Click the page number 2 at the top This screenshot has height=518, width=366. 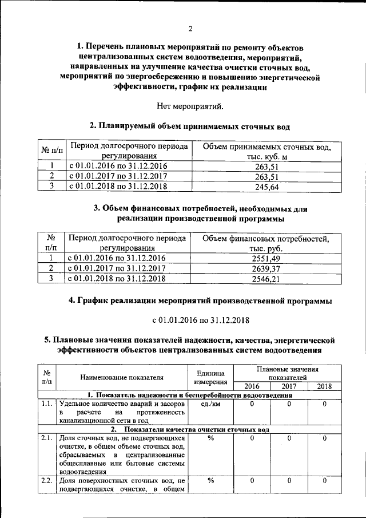point(190,29)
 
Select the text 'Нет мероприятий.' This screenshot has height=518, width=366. point(190,106)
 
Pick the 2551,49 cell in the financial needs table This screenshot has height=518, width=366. point(266,258)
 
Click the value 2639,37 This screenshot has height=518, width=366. point(266,268)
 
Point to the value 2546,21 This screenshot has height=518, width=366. point(266,279)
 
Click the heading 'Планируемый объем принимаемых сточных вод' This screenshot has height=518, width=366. point(190,125)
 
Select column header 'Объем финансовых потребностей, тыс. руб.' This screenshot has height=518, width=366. point(266,243)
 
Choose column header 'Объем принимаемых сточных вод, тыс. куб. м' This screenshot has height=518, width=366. point(266,151)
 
